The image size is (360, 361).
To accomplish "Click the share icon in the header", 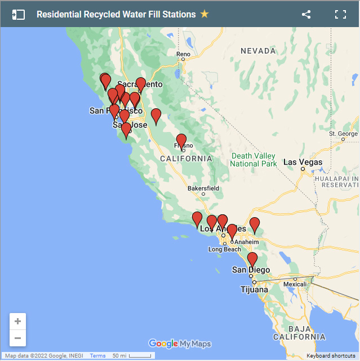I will (x=306, y=15).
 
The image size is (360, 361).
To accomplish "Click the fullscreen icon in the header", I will (x=340, y=15).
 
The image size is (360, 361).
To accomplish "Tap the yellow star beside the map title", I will (x=205, y=14).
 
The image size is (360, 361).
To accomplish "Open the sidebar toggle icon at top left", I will (x=19, y=15).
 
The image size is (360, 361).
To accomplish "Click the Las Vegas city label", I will (x=303, y=162).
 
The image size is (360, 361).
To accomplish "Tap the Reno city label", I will (x=184, y=55).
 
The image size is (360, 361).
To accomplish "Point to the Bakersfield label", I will (x=203, y=188).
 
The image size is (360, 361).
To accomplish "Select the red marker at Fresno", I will (x=181, y=141).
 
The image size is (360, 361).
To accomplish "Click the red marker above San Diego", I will (x=252, y=259).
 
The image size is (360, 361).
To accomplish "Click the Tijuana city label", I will (x=255, y=290).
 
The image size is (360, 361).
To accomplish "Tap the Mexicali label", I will (x=295, y=285).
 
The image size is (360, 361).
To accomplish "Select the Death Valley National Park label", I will (x=254, y=160).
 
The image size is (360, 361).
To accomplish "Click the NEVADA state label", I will (x=258, y=51).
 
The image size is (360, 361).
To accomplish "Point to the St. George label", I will (x=344, y=134).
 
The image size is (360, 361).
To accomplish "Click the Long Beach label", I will (x=224, y=249).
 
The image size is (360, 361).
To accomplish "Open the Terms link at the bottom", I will (x=97, y=356).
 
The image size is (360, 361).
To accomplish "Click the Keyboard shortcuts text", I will (x=331, y=356).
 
